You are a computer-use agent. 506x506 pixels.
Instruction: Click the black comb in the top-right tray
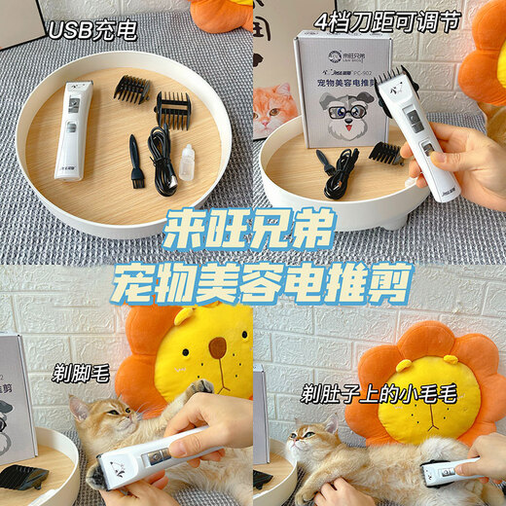385,154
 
